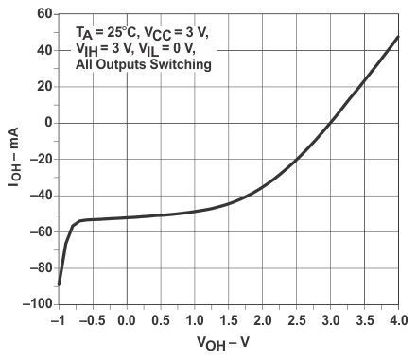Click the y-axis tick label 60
(x=41, y=13)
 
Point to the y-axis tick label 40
(x=41, y=50)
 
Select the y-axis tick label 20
(x=41, y=86)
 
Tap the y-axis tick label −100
(x=34, y=304)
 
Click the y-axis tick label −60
(x=38, y=231)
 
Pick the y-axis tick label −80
(x=38, y=267)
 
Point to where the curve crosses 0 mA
(x=330, y=123)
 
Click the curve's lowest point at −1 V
(x=60, y=284)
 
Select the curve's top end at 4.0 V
(x=398, y=37)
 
